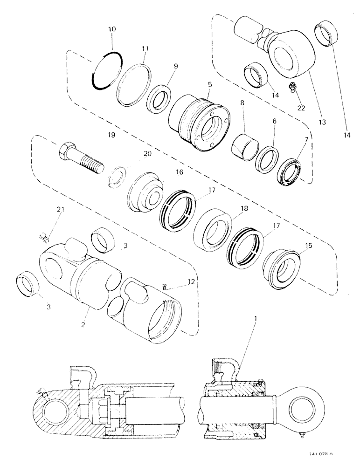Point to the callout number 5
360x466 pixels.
[x=209, y=85]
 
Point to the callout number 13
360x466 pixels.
[x=322, y=122]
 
